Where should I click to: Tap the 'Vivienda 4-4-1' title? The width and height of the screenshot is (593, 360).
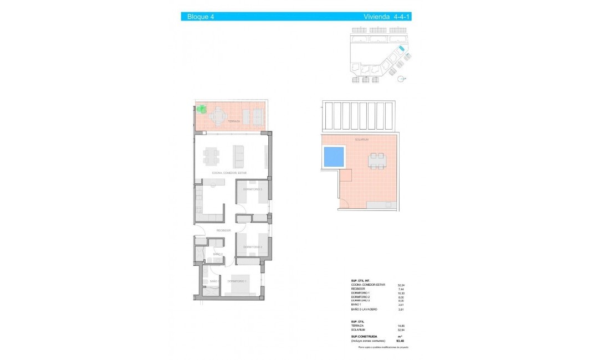point(387,17)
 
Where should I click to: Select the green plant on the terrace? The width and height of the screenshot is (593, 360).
point(202,109)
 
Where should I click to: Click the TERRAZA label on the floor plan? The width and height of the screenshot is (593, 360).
point(234,121)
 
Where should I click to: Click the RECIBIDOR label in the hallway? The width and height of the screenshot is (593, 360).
point(223,230)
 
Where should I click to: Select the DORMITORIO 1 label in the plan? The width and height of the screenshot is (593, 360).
point(237,281)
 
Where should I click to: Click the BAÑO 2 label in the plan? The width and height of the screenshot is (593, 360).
point(217,254)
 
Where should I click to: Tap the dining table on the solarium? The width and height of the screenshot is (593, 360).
point(376,161)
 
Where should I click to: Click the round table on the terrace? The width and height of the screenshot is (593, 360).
point(218,116)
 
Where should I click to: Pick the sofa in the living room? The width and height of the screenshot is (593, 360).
point(239,156)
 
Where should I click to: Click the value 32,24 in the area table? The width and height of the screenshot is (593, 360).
point(395,285)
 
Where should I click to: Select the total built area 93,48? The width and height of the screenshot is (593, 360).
point(394,341)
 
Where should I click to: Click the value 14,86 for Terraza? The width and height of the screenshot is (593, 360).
point(395,325)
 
